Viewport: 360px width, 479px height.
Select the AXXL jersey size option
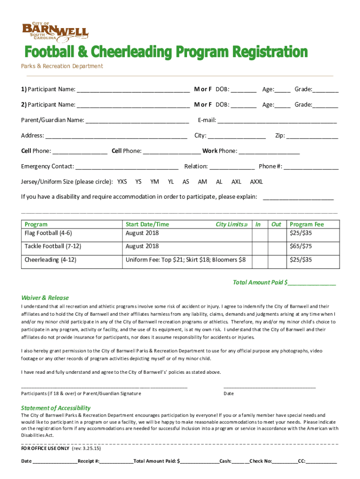(x=256, y=181)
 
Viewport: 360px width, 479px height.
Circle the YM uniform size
(x=155, y=181)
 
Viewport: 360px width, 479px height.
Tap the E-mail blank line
(x=277, y=121)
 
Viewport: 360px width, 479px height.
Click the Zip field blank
(x=312, y=136)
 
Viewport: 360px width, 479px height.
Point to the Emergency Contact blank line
(x=127, y=167)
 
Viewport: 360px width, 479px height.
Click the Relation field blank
(x=232, y=167)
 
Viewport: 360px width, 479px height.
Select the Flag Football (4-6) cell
(x=70, y=233)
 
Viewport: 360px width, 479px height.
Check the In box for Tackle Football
(x=258, y=246)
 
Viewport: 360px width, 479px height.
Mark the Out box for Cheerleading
(x=276, y=260)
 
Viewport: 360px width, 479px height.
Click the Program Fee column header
(x=307, y=225)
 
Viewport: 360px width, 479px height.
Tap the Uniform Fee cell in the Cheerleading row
(x=186, y=260)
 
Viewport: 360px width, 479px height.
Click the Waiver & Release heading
(x=45, y=298)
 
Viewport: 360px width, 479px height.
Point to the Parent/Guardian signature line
(x=104, y=386)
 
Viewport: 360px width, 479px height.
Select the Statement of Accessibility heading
(x=56, y=408)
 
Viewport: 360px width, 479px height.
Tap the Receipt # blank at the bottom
(x=116, y=462)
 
